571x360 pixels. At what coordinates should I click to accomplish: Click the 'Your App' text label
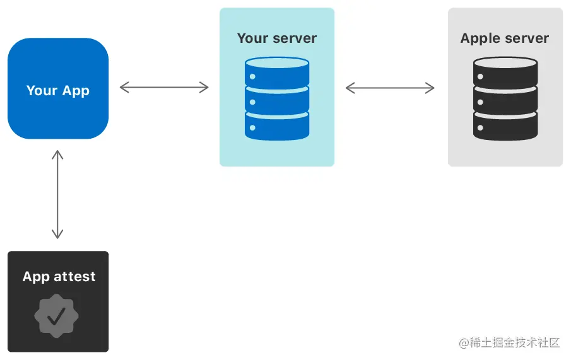[58, 90]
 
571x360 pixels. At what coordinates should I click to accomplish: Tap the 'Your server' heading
[277, 38]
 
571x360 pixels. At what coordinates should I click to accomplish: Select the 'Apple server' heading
[505, 38]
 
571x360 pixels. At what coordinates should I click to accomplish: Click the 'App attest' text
[59, 276]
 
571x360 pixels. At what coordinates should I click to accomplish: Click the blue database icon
[277, 98]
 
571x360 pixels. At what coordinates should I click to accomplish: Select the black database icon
[505, 98]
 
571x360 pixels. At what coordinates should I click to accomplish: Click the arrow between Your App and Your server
[164, 87]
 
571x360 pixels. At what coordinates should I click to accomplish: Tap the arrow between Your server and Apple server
[390, 88]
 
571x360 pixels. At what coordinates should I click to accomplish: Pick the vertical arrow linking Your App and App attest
[57, 195]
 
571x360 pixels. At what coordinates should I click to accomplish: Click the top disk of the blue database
[277, 72]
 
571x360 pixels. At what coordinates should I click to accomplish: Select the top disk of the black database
[505, 72]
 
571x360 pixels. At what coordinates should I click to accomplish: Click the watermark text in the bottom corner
[509, 342]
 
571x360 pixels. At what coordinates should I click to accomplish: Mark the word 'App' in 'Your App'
[76, 90]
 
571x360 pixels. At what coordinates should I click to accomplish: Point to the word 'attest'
[75, 276]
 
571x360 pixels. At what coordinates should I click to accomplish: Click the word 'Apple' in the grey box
[480, 38]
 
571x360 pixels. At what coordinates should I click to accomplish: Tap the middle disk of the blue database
[277, 99]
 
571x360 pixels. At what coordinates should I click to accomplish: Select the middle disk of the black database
[505, 99]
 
